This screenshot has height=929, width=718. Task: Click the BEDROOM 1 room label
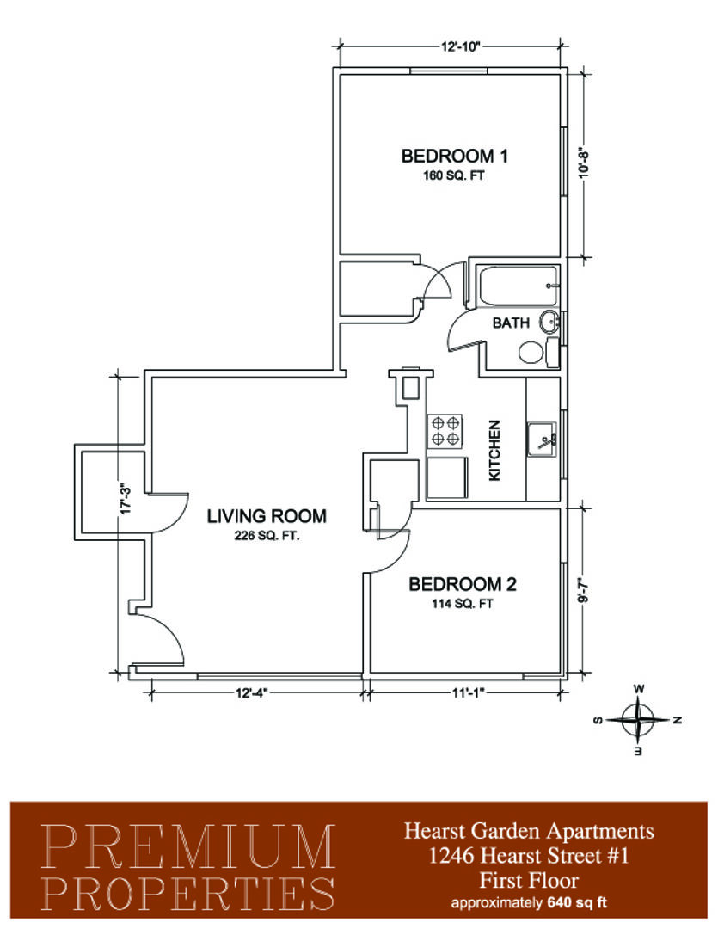(454, 157)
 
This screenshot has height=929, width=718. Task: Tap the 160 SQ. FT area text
(454, 176)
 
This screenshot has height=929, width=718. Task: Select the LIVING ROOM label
(267, 516)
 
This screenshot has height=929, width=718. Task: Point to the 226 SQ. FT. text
(267, 536)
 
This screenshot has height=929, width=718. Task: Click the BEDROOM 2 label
(462, 585)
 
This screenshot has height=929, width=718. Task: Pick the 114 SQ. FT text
(463, 605)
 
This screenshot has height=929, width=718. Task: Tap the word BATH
(511, 323)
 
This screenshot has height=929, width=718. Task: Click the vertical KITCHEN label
(494, 450)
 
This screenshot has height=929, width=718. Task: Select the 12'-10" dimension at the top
(460, 46)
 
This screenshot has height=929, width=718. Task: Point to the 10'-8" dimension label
(584, 163)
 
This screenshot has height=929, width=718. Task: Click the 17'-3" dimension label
(125, 500)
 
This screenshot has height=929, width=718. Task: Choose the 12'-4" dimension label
(252, 692)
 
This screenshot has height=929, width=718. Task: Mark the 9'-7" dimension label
(584, 590)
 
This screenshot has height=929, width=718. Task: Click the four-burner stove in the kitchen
(445, 431)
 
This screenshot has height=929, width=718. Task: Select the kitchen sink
(542, 440)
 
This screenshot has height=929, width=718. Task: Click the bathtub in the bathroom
(517, 286)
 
